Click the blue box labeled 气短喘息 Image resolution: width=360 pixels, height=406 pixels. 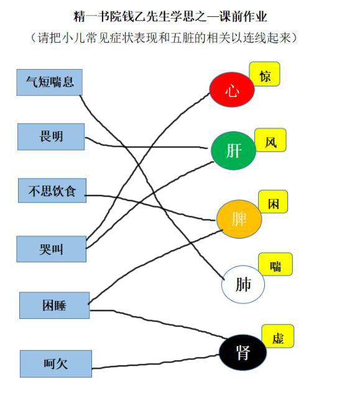click(50, 82)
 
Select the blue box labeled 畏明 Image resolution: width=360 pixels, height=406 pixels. click(51, 137)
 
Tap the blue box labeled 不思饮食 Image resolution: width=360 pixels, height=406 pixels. click(52, 191)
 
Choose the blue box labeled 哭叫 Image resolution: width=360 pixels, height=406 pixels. click(51, 249)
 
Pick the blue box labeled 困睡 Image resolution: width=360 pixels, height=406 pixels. click(54, 305)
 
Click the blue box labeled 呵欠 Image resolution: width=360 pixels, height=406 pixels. click(56, 364)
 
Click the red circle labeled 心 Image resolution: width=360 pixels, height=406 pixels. click(232, 90)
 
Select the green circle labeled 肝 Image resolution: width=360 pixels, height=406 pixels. click(233, 150)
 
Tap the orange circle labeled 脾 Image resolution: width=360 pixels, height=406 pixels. click(239, 219)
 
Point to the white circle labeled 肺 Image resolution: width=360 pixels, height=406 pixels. click(243, 284)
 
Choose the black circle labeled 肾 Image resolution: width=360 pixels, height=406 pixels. click(242, 353)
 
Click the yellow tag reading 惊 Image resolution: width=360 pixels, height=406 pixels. click(264, 74)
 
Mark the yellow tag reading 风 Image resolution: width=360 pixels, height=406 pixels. click(270, 140)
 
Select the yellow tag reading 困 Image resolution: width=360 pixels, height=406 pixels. click(273, 201)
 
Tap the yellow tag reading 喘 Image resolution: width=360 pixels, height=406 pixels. click(275, 264)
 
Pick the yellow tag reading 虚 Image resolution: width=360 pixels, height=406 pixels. click(278, 336)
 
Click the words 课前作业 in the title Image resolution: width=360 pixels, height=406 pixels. click(243, 17)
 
